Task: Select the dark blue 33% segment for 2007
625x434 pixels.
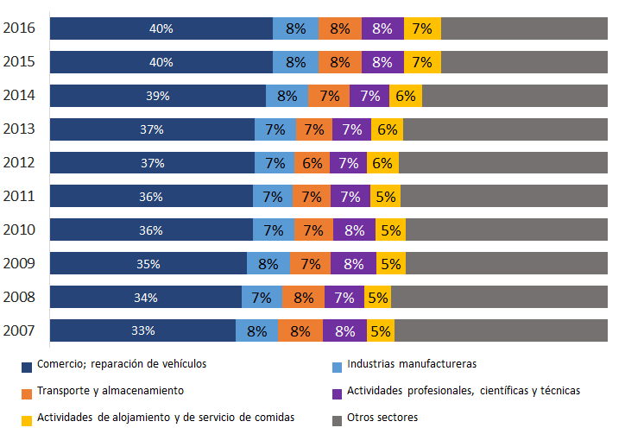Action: coord(142,330)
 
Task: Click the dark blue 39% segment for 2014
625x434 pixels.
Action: coord(157,96)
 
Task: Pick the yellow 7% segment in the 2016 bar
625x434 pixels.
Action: coord(422,28)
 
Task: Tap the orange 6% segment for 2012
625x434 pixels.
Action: coord(312,163)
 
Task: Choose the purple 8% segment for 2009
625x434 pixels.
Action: coord(353,264)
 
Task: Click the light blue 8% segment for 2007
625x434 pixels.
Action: coord(256,330)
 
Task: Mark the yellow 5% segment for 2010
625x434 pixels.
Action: coord(391,230)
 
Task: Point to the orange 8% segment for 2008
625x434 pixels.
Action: coord(303,298)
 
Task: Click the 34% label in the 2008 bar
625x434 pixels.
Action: coord(145,298)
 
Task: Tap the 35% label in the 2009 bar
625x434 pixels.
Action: coord(148,264)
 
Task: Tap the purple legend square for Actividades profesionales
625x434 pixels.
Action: coord(338,392)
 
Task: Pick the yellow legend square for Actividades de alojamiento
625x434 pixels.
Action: coord(27,418)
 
